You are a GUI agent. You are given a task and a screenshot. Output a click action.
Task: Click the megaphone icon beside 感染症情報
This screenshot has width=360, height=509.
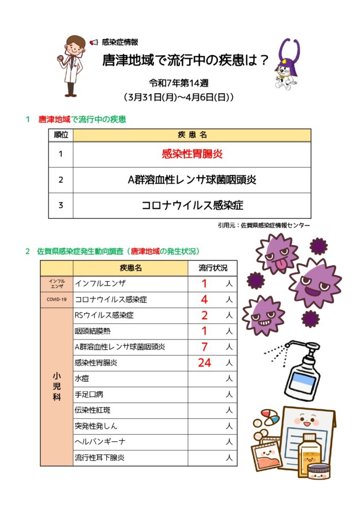point(94,42)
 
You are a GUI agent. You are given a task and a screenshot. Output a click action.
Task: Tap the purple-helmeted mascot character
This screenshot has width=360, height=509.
point(289,65)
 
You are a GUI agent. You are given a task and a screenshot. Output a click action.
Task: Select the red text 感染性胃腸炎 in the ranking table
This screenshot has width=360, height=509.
point(192,154)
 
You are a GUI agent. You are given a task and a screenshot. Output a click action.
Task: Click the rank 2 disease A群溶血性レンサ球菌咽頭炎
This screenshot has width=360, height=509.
point(192,180)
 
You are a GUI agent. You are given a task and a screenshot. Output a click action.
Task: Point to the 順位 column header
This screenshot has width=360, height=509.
point(61,135)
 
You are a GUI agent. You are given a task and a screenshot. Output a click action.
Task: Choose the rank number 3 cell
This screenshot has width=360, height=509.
point(61,206)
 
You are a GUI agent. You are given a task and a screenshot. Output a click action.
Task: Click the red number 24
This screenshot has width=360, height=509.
point(205,363)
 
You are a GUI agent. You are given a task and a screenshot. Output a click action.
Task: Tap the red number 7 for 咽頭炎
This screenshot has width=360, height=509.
point(205,347)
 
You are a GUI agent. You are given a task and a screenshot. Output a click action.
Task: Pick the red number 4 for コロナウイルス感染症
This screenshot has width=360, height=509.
point(205,300)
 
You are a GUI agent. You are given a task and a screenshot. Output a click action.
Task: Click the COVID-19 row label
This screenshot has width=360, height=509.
point(57,299)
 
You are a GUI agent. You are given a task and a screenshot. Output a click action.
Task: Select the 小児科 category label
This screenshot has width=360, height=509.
point(57,387)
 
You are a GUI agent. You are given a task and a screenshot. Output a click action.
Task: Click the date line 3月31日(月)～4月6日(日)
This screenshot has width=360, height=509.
point(179,96)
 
